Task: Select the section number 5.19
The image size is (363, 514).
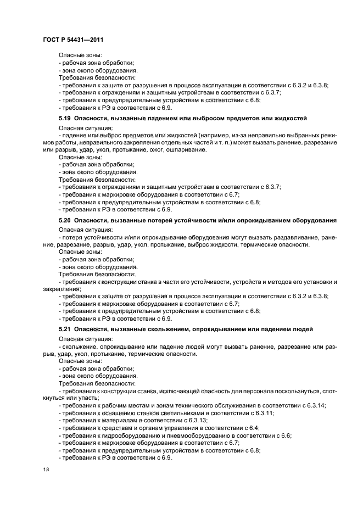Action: tap(65, 118)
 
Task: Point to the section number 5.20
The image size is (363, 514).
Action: tap(65, 220)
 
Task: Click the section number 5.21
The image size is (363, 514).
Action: tap(65, 329)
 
